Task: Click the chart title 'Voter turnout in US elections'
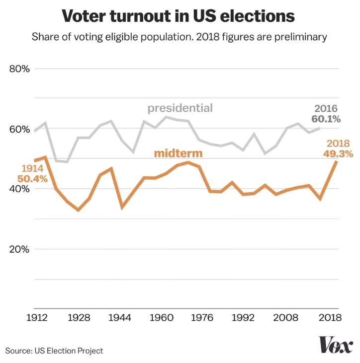click(179, 16)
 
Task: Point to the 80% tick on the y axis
click(20, 69)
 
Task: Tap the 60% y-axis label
click(20, 129)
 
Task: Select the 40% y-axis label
click(20, 189)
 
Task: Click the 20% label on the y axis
click(20, 249)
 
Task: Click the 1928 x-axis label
click(78, 318)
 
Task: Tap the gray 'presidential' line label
click(180, 108)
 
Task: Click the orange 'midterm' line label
click(178, 153)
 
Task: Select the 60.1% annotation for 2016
click(326, 119)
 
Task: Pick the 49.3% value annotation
click(339, 154)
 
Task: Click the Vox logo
click(336, 345)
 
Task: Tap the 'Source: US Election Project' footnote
click(55, 351)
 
